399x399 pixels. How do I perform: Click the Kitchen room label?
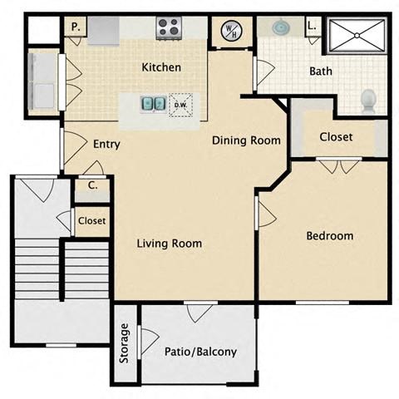(161, 66)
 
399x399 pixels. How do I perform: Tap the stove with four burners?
(170, 27)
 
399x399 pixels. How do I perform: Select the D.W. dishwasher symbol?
(180, 106)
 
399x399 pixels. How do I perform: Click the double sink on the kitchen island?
(152, 105)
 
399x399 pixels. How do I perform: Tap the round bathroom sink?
(281, 28)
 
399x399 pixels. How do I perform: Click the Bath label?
(321, 71)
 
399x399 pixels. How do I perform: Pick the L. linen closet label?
(313, 27)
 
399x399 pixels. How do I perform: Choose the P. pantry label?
(75, 27)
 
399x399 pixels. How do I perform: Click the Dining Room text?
(245, 140)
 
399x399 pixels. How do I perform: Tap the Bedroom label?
(329, 236)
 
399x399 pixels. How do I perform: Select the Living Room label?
(170, 244)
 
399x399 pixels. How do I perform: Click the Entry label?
(106, 144)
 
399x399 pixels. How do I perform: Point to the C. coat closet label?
(93, 185)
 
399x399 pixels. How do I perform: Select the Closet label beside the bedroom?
(336, 136)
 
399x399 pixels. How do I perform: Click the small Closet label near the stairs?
(91, 221)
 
